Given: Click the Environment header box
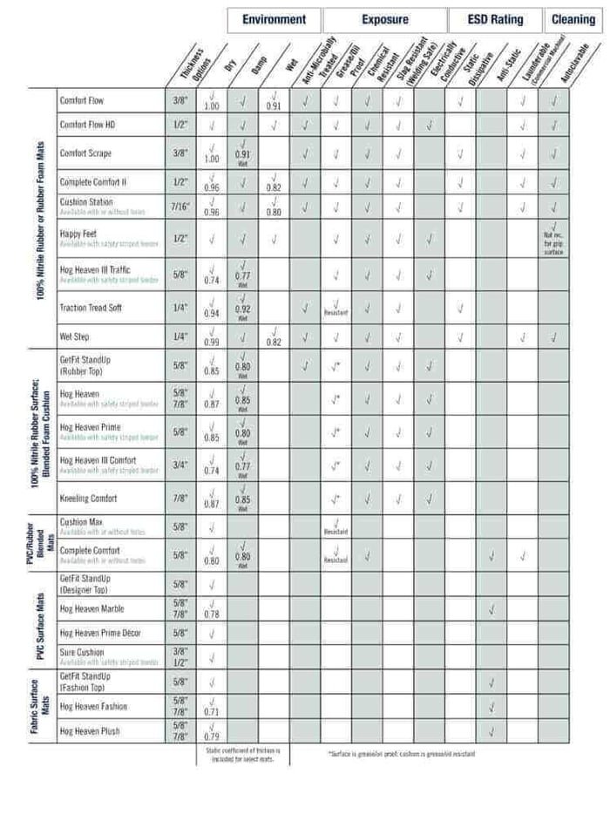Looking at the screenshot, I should click(x=274, y=19).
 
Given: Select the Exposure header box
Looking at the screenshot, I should click(x=384, y=19).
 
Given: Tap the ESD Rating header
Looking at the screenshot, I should click(x=496, y=19).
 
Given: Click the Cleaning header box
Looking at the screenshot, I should click(x=573, y=19).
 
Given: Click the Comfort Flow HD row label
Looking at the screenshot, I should click(x=87, y=125).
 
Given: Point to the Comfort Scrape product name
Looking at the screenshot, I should click(x=85, y=153).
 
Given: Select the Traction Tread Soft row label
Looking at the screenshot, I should click(x=91, y=308).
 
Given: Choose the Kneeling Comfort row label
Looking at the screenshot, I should click(x=88, y=499).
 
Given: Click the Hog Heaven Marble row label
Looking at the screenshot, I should click(x=91, y=609).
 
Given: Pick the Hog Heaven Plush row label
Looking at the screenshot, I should click(x=90, y=730).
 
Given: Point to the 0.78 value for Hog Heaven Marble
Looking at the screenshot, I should click(x=211, y=614).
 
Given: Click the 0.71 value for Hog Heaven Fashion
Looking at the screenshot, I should click(x=211, y=711).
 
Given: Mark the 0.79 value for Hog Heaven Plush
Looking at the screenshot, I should click(x=211, y=736).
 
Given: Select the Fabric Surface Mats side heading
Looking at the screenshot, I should click(x=39, y=706).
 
